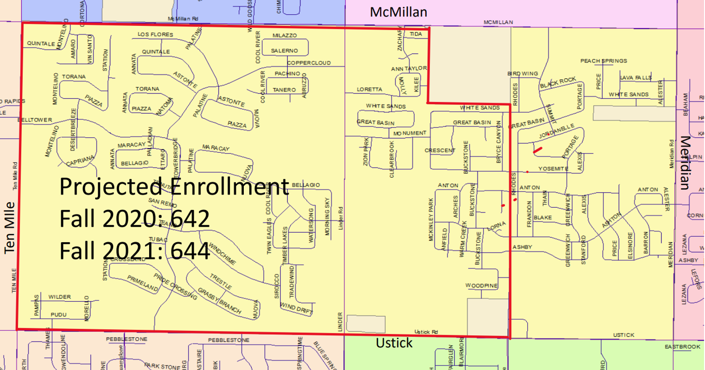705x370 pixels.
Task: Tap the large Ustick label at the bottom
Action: [x=394, y=343]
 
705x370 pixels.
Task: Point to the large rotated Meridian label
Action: [x=686, y=162]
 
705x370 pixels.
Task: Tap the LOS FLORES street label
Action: [x=155, y=34]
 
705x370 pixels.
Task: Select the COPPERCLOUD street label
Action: [x=309, y=63]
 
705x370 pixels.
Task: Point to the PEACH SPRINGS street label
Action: [x=603, y=61]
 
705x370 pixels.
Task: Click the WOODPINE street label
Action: [x=481, y=285]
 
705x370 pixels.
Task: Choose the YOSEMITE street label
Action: [x=553, y=169]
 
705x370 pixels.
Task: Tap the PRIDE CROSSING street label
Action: [x=175, y=287]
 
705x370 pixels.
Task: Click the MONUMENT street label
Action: [x=409, y=133]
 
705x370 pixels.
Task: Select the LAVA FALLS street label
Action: [x=636, y=78]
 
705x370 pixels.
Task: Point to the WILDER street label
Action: [x=59, y=297]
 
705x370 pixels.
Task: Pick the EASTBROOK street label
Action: [x=682, y=347]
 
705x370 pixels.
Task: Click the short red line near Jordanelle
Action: [x=538, y=150]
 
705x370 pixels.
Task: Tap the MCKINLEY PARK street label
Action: [x=431, y=220]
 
